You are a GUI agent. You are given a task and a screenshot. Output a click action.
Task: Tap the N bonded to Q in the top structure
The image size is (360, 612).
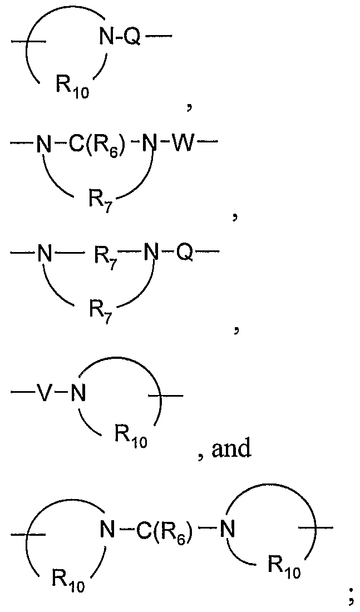[106, 38]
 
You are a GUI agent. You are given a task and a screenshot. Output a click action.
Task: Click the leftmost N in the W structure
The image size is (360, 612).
[43, 147]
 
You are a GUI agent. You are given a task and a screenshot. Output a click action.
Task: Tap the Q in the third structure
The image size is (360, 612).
[186, 255]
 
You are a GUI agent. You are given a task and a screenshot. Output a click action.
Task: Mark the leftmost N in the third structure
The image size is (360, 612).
[43, 255]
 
